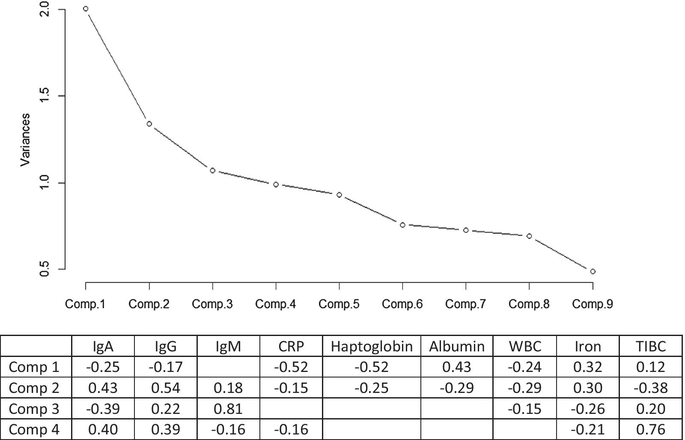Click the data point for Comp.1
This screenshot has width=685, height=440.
tap(86, 9)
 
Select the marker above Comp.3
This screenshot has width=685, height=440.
tap(212, 170)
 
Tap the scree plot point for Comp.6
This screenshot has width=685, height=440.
tap(402, 225)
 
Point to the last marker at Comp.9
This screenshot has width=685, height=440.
tap(593, 271)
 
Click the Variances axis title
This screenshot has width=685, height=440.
tap(25, 140)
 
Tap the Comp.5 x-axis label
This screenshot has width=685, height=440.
tap(339, 304)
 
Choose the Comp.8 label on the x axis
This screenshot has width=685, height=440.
tap(529, 304)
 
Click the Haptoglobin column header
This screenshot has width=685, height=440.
tap(372, 346)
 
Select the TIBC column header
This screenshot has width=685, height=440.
tap(651, 346)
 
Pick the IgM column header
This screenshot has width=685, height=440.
tap(228, 346)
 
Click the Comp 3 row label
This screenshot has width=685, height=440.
tap(34, 409)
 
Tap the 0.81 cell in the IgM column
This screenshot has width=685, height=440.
tap(228, 409)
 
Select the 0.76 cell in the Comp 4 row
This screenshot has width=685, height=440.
tap(651, 429)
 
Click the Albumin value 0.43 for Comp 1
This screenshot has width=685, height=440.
tap(457, 367)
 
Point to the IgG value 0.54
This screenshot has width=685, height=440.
tap(166, 388)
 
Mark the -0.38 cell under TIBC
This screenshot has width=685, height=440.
tap(651, 388)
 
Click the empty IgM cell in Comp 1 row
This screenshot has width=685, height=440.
tap(228, 367)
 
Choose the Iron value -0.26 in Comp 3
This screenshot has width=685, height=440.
tap(588, 409)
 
